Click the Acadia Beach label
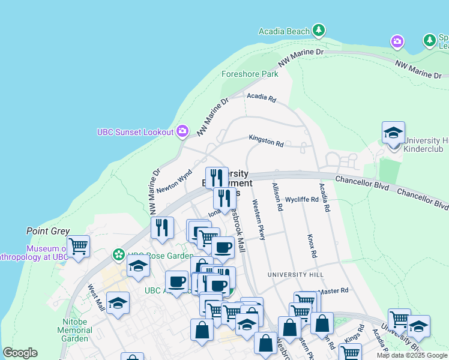(284, 31)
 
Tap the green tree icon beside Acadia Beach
(319, 30)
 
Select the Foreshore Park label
(250, 74)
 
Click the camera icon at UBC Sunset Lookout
(183, 131)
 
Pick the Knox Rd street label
(312, 246)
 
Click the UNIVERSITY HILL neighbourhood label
(295, 275)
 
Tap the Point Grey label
(48, 231)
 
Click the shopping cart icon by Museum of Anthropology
(78, 246)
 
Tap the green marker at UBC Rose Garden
(119, 255)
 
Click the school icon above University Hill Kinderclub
(393, 133)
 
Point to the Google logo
(20, 353)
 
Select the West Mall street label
(96, 298)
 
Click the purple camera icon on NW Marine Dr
(397, 41)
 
